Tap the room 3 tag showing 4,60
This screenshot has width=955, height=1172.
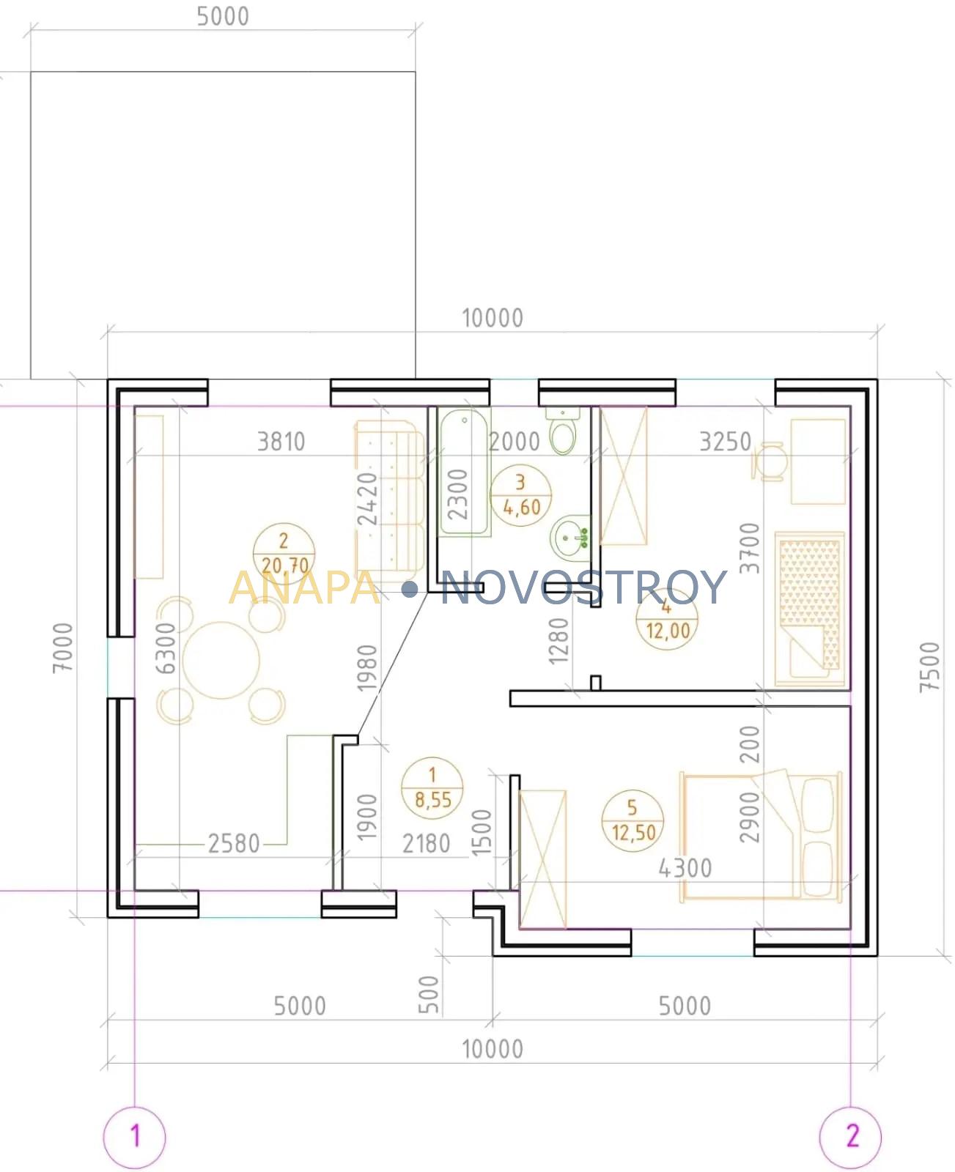(520, 494)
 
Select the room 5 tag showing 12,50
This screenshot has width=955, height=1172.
(633, 820)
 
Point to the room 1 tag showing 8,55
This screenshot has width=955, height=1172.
(432, 788)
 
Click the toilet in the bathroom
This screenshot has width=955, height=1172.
(563, 431)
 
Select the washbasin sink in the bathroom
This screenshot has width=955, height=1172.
(570, 538)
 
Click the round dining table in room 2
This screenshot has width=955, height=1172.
(221, 660)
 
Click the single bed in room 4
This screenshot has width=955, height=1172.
(809, 609)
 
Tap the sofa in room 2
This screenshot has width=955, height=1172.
(390, 502)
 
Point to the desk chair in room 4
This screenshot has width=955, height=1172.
(768, 461)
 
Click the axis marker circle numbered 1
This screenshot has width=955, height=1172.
(134, 1137)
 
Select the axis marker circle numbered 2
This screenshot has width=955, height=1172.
(850, 1137)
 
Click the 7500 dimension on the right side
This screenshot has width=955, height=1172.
(929, 667)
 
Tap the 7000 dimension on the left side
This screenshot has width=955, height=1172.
(63, 648)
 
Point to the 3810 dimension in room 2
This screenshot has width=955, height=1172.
(281, 442)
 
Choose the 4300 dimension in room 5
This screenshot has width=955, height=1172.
(685, 868)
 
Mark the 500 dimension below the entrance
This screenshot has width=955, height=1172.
(429, 994)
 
